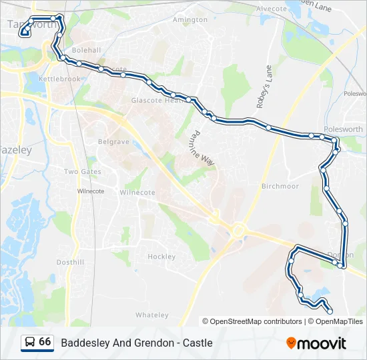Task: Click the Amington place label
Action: pos(190,20)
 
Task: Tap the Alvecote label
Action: pos(271,9)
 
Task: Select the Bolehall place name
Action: pos(86,50)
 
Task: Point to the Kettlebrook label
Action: pos(59,79)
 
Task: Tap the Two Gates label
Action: pos(83,171)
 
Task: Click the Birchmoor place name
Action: pos(280,186)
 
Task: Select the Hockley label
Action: pos(161,257)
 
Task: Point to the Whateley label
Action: pos(152,315)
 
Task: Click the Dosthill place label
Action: pos(70,262)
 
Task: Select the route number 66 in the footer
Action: pos(45,342)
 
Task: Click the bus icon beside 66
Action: pos(30,343)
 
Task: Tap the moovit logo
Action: pos(316,343)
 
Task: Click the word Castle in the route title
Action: pos(199,343)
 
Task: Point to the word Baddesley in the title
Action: pos(83,343)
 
